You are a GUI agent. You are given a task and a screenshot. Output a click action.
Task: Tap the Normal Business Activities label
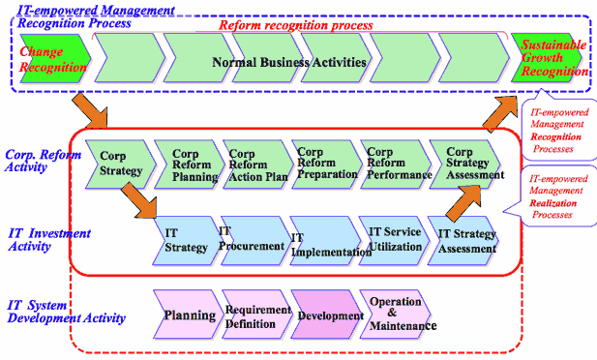[290, 62]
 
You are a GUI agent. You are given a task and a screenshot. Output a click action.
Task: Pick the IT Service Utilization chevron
[395, 239]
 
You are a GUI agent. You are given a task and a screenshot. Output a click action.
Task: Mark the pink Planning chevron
[189, 315]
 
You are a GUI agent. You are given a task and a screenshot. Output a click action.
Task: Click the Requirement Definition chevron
[256, 315]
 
